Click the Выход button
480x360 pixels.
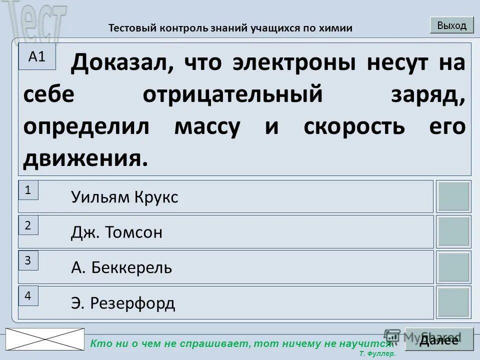point(451,25)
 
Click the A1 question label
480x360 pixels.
point(37,56)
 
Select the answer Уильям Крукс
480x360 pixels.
point(124,197)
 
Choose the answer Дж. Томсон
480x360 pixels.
point(116,232)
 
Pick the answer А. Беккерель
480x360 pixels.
point(121,268)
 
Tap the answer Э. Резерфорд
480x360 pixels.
point(123,303)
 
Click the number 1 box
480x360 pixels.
point(28,190)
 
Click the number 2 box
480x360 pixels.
point(28,225)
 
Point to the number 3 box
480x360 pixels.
point(28,260)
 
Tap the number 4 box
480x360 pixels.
point(28,296)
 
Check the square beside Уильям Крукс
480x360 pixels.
point(453,196)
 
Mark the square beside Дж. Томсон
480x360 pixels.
point(453,231)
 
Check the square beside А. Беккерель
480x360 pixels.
point(453,267)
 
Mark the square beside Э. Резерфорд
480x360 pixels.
point(453,302)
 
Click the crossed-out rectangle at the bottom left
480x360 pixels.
point(45,339)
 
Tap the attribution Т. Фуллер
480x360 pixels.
point(377,353)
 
